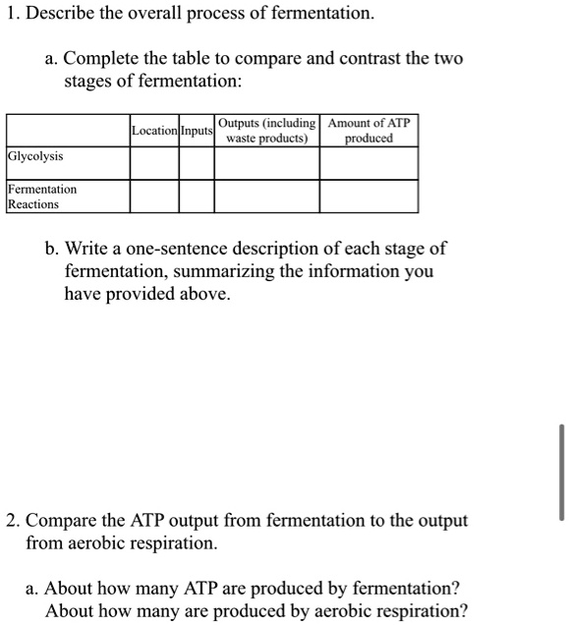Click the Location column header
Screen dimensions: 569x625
point(154,131)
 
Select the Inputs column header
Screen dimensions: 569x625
point(197,131)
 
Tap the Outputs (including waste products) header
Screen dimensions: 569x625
point(267,131)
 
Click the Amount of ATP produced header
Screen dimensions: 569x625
point(369,131)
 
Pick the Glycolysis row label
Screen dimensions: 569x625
point(35,156)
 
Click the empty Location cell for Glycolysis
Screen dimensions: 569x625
point(154,163)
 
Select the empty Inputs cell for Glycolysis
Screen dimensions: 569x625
point(197,163)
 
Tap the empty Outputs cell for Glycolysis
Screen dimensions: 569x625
point(267,163)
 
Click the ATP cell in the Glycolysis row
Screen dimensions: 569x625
point(369,163)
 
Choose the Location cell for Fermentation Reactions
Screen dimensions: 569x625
point(154,197)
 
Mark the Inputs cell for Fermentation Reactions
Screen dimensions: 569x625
point(197,197)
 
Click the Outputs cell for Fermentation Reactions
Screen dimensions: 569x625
point(267,197)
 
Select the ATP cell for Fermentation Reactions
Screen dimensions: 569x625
point(369,197)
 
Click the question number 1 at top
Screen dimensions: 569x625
point(11,15)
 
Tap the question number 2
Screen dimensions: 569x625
point(11,521)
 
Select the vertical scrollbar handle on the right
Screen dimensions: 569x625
point(561,473)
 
